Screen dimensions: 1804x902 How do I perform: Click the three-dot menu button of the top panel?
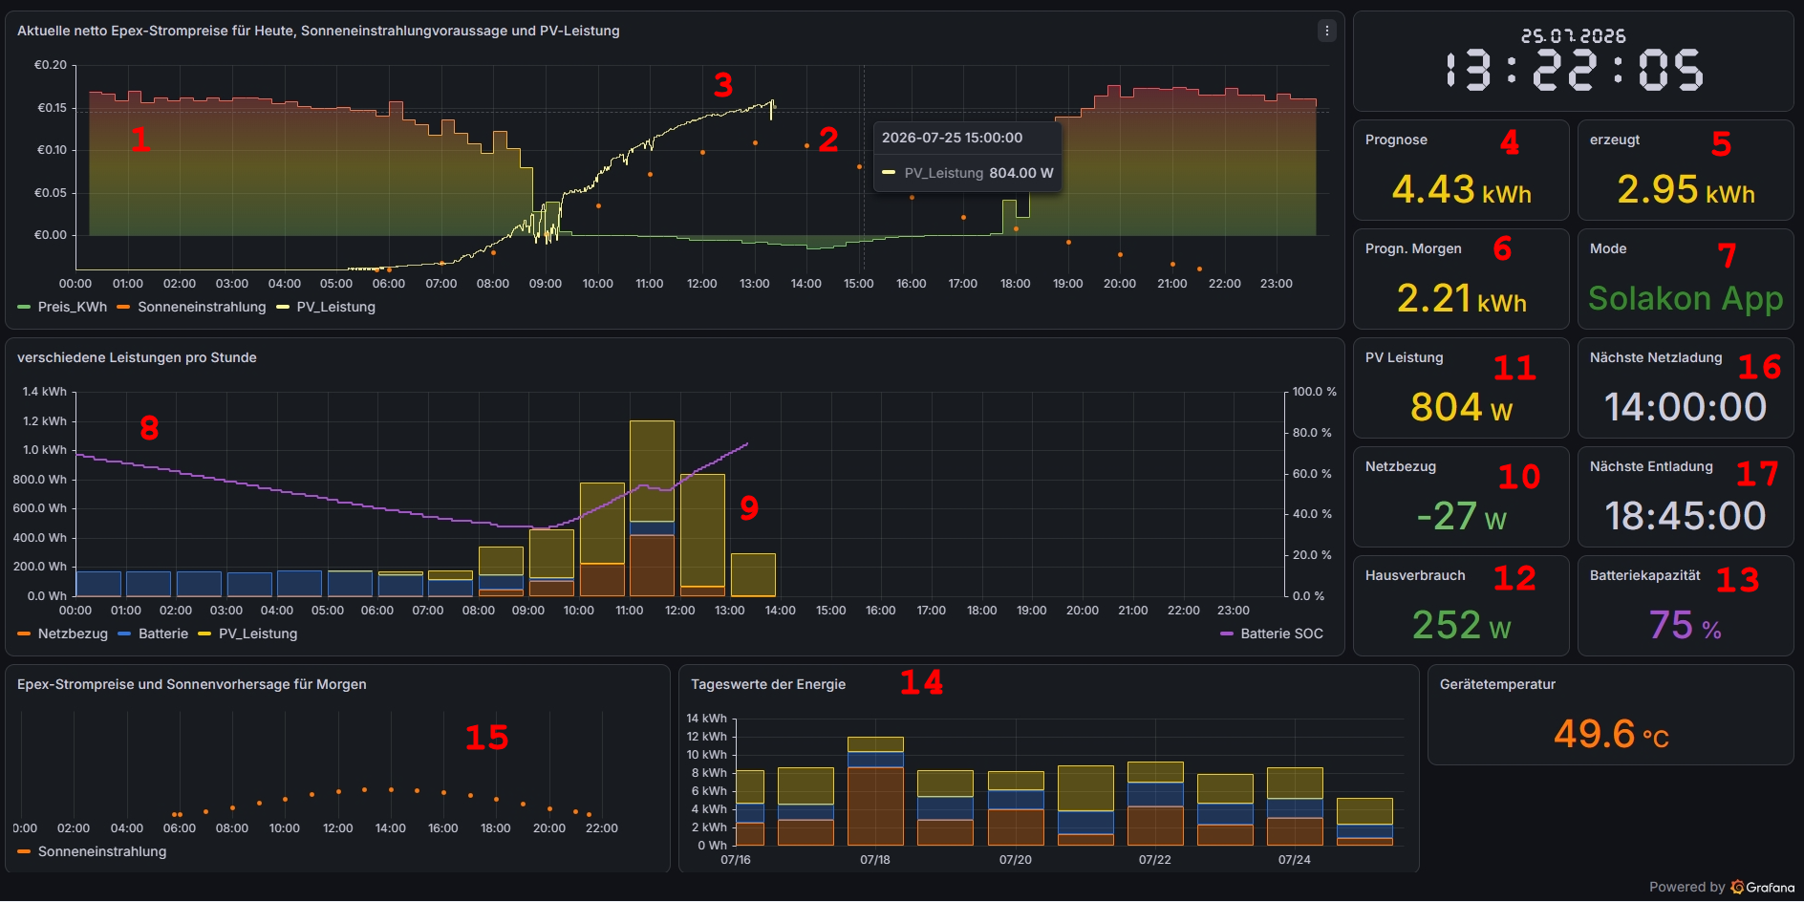tap(1326, 31)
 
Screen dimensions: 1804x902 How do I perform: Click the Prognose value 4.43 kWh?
tap(1461, 189)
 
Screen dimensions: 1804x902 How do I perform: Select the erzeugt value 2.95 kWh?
tap(1686, 189)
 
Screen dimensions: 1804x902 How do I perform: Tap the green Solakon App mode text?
tap(1686, 298)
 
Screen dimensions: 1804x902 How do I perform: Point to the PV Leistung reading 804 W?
tap(1461, 407)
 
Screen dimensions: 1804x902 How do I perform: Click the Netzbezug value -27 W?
tap(1461, 516)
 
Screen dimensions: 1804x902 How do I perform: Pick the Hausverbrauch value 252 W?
tap(1461, 625)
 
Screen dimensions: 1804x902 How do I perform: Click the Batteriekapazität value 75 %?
tap(1686, 625)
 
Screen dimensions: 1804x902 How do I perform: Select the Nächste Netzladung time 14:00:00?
tap(1686, 407)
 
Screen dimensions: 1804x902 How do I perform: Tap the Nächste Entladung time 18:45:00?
tap(1686, 516)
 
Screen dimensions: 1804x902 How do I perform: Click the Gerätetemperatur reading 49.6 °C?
tap(1611, 734)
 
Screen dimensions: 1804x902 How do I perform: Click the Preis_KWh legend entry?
tap(62, 307)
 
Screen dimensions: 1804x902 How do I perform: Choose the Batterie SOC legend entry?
tap(1272, 634)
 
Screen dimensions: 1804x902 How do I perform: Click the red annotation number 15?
tap(486, 738)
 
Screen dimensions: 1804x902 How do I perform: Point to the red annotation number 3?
tap(723, 85)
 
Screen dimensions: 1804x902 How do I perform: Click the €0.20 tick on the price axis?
tap(51, 65)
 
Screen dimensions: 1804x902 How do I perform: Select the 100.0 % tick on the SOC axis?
tap(1314, 392)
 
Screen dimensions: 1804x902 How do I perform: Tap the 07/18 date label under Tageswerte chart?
tap(875, 859)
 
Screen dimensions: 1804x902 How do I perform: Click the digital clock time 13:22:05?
tap(1574, 70)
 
